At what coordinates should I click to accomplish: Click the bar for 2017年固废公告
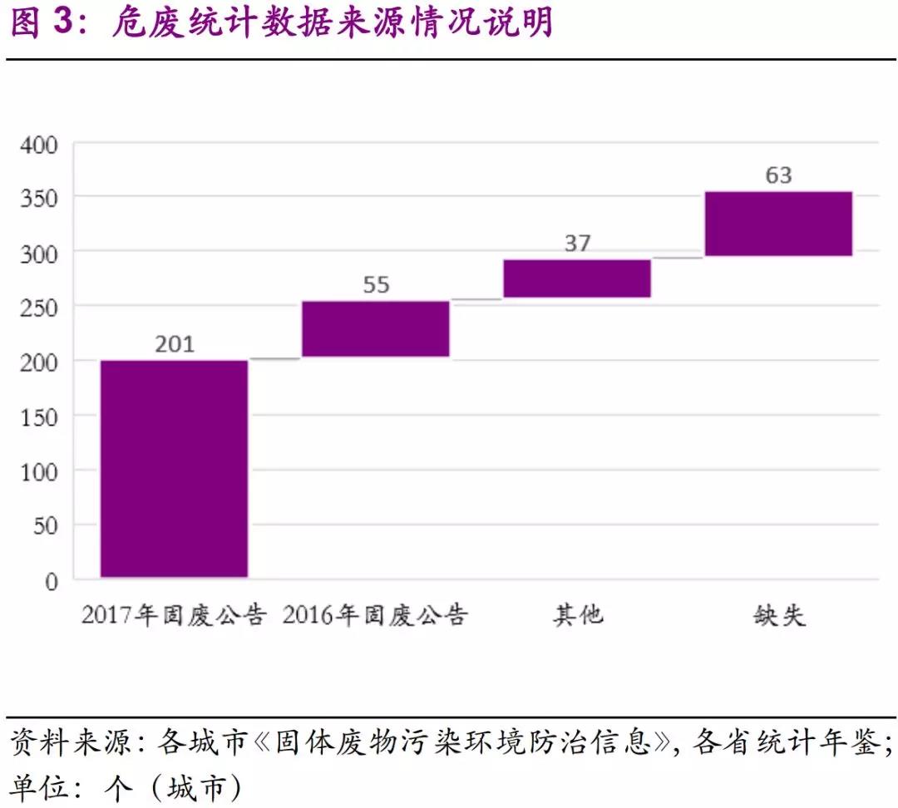pos(174,468)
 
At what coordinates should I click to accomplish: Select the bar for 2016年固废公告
pos(375,328)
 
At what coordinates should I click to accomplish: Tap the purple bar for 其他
pos(576,278)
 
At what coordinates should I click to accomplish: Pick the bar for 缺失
pos(778,224)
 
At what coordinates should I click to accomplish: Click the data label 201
pos(175,342)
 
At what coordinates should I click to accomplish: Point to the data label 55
pos(376,284)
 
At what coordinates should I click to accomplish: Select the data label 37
pos(577,243)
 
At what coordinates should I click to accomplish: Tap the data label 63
pos(779,175)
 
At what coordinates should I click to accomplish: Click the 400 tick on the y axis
pos(39,145)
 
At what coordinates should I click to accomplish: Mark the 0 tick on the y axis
pos(52,581)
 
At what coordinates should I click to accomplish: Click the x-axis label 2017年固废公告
pos(174,616)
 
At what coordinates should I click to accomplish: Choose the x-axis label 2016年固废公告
pos(375,616)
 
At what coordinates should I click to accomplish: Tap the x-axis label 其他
pos(577,616)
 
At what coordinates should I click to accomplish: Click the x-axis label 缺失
pos(779,616)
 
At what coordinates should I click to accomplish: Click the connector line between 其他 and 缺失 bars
pos(678,258)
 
